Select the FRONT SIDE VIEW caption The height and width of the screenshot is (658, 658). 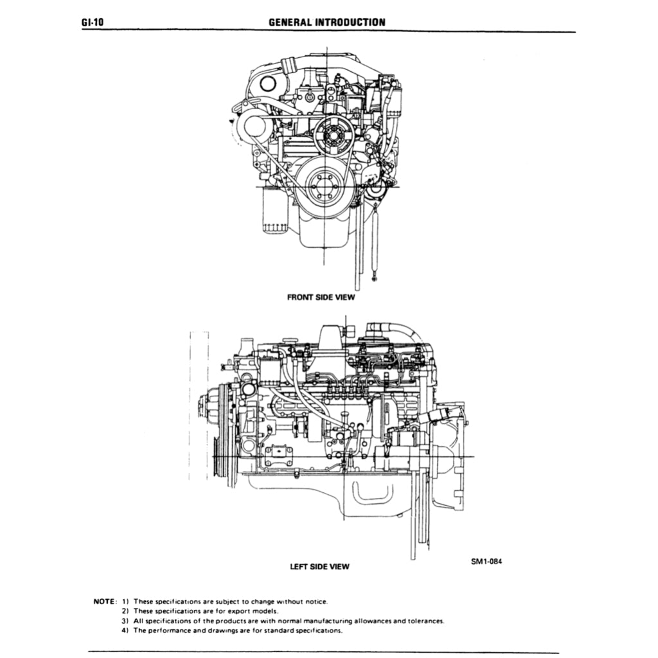(x=320, y=298)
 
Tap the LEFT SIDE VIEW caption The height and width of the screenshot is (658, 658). (x=319, y=566)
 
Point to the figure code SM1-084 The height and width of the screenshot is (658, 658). (x=486, y=560)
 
